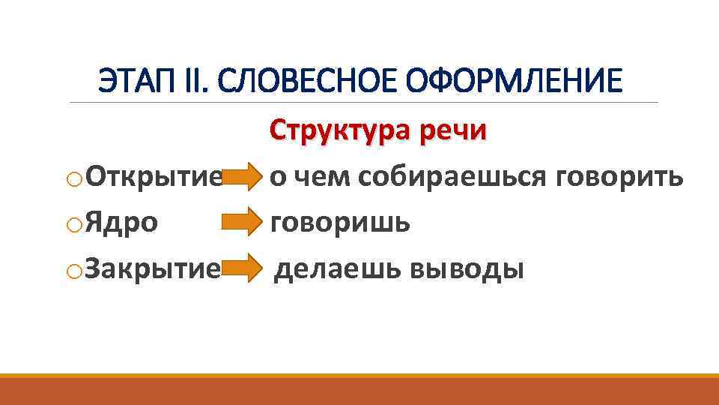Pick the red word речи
pos(452,130)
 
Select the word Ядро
pos(121,223)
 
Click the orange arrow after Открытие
pos(241,178)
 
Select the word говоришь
pos(340,223)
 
